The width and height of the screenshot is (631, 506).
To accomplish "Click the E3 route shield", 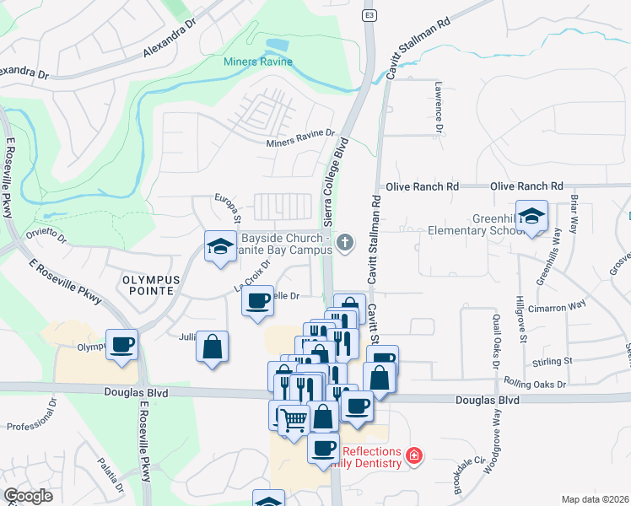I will coord(369,15).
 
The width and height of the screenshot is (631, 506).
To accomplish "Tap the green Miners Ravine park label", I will coord(258,62).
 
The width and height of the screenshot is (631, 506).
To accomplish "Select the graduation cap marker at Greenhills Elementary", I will coord(531,217).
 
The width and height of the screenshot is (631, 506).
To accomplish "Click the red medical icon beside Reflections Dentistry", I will coord(413,456).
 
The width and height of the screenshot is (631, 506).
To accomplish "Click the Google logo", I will coord(28,496).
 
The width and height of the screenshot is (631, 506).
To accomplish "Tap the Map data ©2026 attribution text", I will coord(595,499).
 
